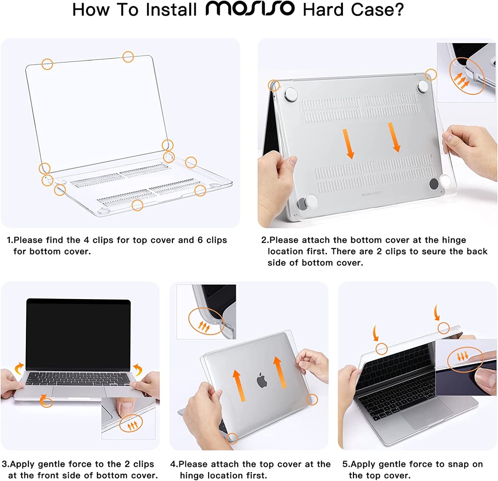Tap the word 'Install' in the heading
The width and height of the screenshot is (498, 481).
(x=171, y=10)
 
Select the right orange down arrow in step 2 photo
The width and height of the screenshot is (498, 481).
(x=394, y=137)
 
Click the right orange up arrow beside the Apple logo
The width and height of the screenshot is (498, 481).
(x=279, y=372)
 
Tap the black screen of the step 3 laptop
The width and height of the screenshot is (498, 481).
(x=78, y=334)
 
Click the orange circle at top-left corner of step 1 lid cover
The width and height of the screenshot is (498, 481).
(x=47, y=64)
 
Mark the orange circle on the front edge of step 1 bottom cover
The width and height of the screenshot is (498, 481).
(x=137, y=205)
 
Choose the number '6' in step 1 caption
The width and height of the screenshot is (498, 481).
(x=200, y=240)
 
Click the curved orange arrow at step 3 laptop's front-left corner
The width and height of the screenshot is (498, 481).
(x=45, y=401)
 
